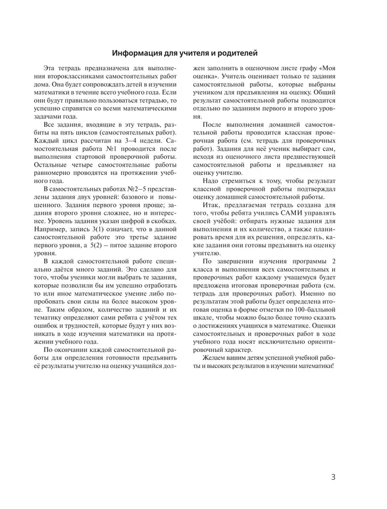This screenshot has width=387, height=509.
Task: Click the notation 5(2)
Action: (94, 244)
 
